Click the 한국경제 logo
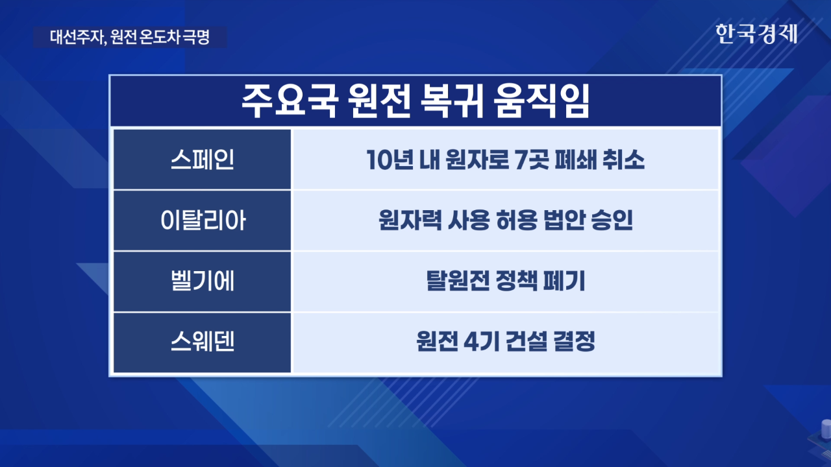(x=756, y=34)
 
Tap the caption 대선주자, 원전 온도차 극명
(x=130, y=37)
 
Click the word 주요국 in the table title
(x=290, y=101)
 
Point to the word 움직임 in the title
(x=541, y=101)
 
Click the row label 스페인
(x=202, y=160)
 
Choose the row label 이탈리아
(x=203, y=221)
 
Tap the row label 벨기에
(x=203, y=281)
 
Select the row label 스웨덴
(x=203, y=342)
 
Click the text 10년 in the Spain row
(x=390, y=160)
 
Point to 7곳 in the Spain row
(x=532, y=160)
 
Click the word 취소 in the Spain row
(x=623, y=160)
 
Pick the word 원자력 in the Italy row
(x=410, y=221)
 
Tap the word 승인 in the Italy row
(x=612, y=221)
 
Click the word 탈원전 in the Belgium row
(x=458, y=281)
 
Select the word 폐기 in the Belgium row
(x=564, y=281)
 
